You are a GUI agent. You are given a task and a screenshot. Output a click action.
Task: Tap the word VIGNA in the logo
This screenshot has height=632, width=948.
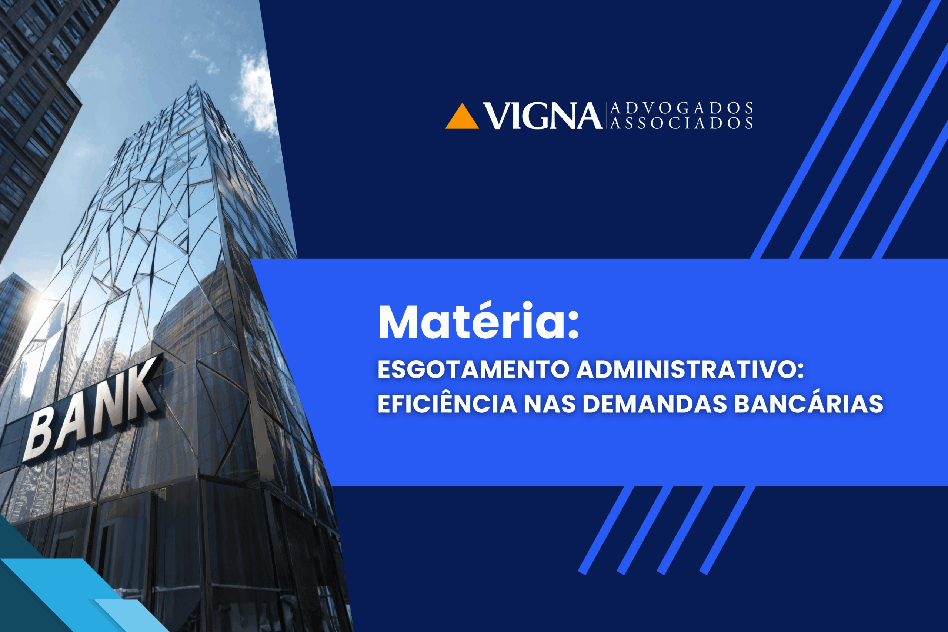(543, 116)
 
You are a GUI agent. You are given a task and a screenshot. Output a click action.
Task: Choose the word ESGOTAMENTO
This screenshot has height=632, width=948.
(474, 369)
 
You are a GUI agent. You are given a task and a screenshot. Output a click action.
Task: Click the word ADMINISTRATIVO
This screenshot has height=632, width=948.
(685, 369)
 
